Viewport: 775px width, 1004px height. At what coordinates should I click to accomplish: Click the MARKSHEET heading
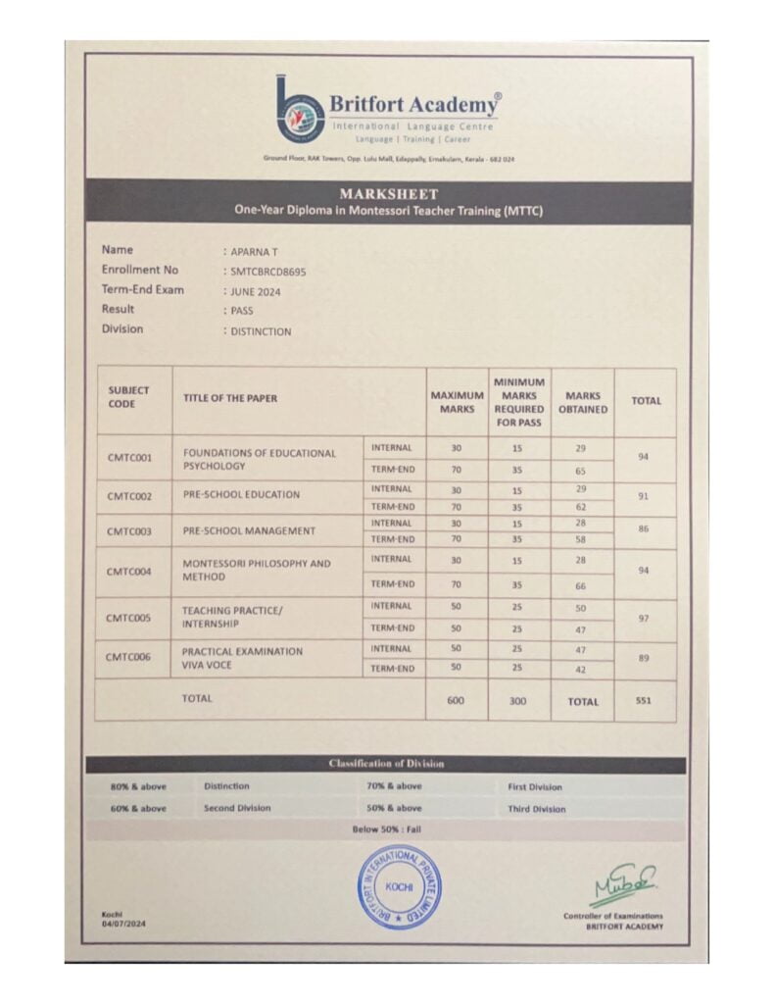(x=388, y=193)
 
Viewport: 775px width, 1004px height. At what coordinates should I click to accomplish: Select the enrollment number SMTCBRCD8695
(x=266, y=272)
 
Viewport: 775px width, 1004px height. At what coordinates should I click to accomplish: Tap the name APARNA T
(x=248, y=252)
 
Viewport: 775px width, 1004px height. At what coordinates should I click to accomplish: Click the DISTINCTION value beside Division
(x=261, y=331)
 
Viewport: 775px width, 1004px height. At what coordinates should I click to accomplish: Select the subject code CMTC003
(x=129, y=531)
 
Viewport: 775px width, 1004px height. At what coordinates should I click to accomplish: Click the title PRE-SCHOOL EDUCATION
(x=241, y=494)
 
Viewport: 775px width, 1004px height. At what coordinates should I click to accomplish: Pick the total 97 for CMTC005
(x=644, y=619)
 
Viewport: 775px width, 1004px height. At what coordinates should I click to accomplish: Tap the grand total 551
(x=644, y=701)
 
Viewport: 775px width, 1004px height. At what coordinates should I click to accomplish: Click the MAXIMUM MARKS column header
(x=457, y=402)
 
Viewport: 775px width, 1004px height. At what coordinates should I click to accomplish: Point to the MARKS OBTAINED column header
(x=583, y=402)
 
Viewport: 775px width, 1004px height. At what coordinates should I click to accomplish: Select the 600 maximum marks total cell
(x=457, y=701)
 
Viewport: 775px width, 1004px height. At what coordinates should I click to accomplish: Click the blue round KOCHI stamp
(x=399, y=886)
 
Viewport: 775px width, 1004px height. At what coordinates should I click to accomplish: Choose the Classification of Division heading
(x=386, y=763)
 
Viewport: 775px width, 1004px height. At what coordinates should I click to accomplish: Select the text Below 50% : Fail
(x=386, y=829)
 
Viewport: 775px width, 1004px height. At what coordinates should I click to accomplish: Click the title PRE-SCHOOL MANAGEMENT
(x=249, y=531)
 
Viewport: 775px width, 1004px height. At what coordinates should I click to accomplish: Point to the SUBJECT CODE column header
(x=129, y=396)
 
